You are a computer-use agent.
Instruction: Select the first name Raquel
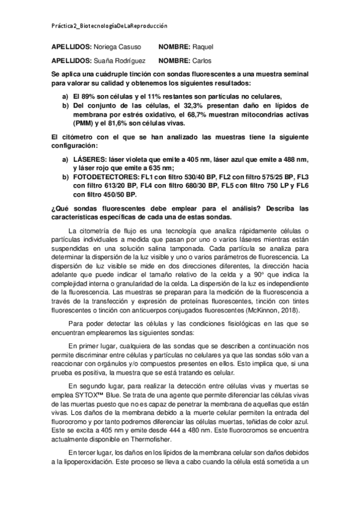(x=203, y=47)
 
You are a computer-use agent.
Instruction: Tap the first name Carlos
(x=201, y=60)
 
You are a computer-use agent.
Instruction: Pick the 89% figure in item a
(x=94, y=96)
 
